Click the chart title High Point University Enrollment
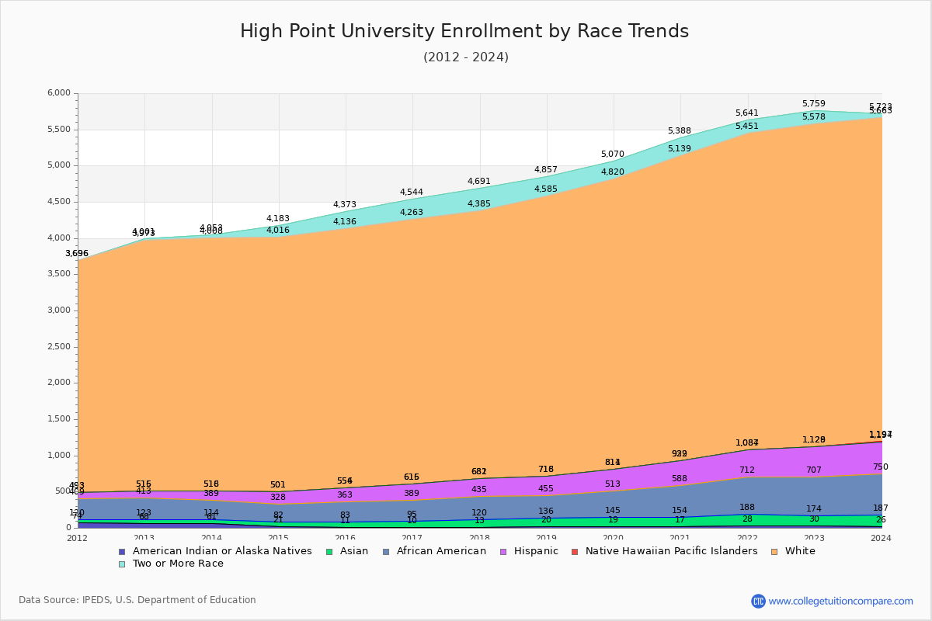point(464,32)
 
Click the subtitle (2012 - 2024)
point(465,57)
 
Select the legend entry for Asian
point(353,551)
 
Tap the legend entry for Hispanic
point(531,551)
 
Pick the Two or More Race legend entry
point(178,564)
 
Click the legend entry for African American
point(441,551)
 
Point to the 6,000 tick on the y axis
point(59,93)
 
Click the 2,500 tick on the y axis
point(59,347)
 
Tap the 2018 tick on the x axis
point(480,538)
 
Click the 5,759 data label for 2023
point(813,104)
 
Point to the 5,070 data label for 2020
point(612,154)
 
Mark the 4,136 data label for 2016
point(345,222)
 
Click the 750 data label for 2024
point(880,467)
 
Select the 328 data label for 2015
point(278,498)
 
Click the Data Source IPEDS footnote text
point(137,600)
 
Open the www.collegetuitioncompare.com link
point(840,601)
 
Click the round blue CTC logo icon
point(758,601)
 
